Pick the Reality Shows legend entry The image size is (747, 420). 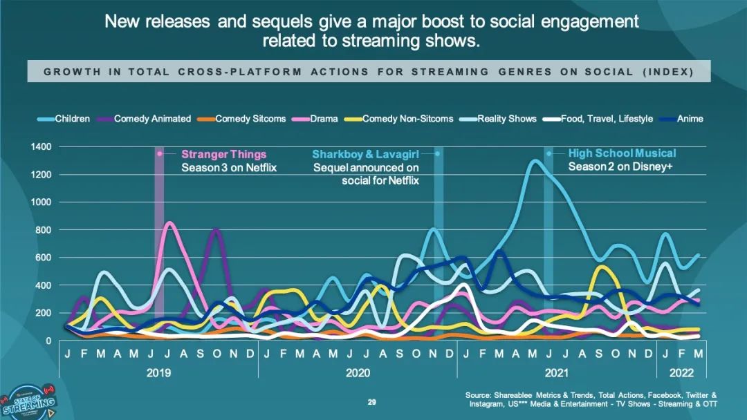pos(506,119)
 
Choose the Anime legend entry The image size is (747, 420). pos(690,119)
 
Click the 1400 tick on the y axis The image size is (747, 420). pos(41,147)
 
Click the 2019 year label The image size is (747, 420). pos(158,372)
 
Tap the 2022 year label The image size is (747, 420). pos(681,372)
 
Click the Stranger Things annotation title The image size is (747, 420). pos(223,154)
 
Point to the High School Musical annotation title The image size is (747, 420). pos(622,153)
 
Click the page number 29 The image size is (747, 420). pos(371,402)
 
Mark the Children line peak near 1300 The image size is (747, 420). pos(535,161)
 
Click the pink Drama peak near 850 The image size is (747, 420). pos(169,223)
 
